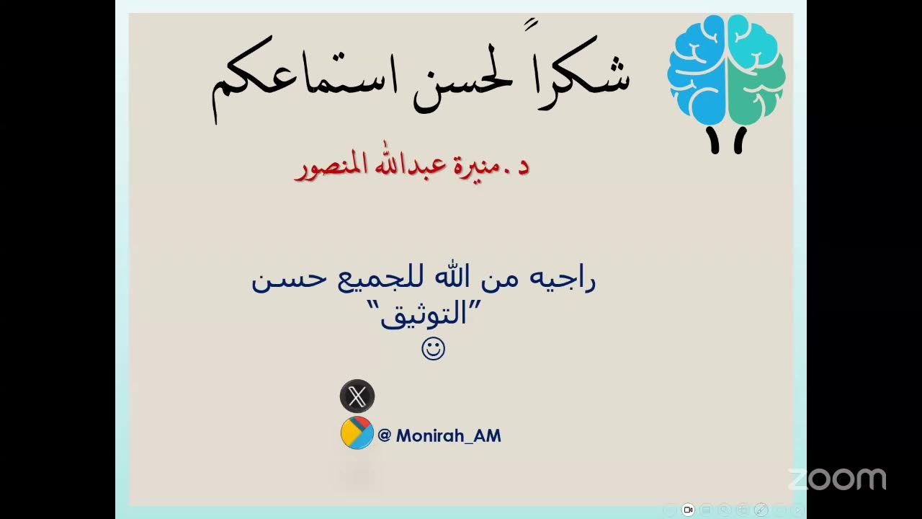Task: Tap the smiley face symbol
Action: click(433, 350)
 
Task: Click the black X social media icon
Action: click(357, 396)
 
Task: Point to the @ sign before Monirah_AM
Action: click(385, 435)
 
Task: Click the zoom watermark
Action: click(836, 479)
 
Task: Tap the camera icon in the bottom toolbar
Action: click(688, 510)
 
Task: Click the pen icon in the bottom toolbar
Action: click(761, 510)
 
